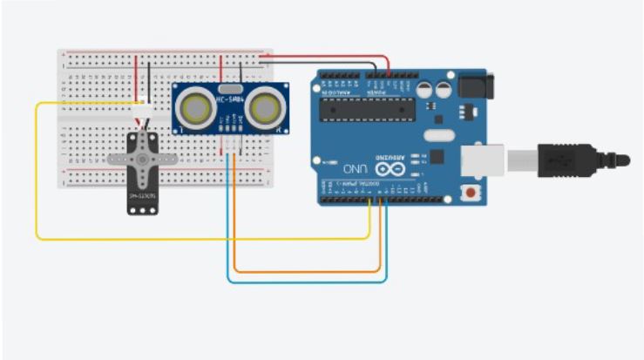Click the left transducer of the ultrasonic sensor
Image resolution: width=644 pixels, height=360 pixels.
click(x=196, y=107)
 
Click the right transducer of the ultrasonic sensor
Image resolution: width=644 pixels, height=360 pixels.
click(x=265, y=107)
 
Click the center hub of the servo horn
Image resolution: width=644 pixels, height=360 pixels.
click(x=142, y=159)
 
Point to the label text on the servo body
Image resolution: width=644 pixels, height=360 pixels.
click(x=142, y=196)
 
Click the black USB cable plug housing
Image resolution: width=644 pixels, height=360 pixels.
click(x=571, y=160)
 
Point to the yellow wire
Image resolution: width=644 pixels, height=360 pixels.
click(x=37, y=174)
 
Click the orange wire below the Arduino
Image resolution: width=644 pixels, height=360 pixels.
click(x=305, y=272)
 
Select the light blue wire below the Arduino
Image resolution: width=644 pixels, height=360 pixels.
click(x=305, y=282)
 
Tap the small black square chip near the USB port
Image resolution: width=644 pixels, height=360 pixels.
click(x=438, y=158)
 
